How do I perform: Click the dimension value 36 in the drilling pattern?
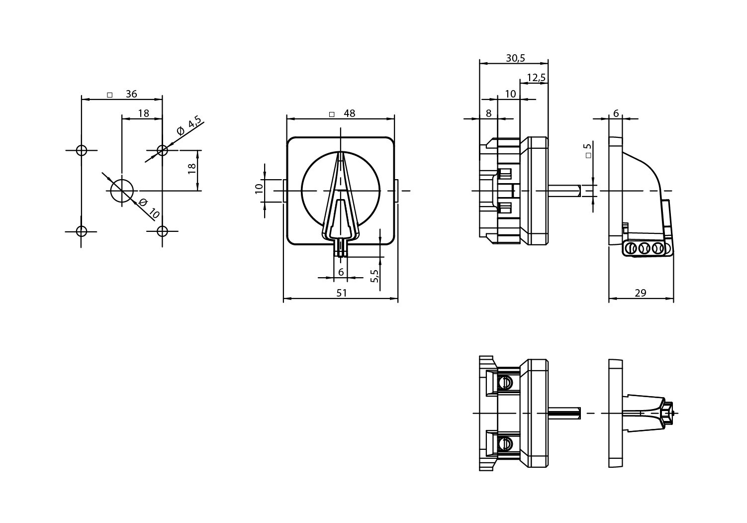[x=131, y=94]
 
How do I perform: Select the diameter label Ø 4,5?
[x=189, y=126]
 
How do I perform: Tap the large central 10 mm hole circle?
[x=122, y=191]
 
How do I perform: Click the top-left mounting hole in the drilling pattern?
[x=82, y=150]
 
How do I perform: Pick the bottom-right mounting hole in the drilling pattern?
[x=162, y=231]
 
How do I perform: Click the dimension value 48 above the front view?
[x=349, y=113]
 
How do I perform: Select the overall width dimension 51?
[x=341, y=293]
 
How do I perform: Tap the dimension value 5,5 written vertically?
[x=375, y=276]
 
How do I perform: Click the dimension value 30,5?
[x=515, y=58]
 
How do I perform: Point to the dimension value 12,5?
[x=536, y=78]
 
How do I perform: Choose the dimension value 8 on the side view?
[x=488, y=113]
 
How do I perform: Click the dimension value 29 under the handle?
[x=641, y=293]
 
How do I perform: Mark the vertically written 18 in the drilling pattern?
[x=192, y=170]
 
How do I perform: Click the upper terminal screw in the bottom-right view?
[x=506, y=383]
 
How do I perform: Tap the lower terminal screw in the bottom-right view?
[x=506, y=443]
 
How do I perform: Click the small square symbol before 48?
[x=332, y=114]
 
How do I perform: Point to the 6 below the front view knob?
[x=341, y=272]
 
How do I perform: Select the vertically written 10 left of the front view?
[x=259, y=189]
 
